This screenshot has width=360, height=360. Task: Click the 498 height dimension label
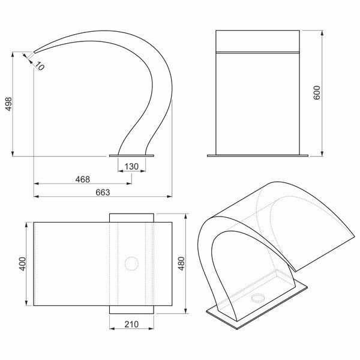[x=9, y=104]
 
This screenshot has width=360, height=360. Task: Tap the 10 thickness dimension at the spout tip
[x=40, y=66]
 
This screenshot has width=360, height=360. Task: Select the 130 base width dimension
[x=131, y=166]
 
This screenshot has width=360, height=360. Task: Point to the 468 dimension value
[x=83, y=179]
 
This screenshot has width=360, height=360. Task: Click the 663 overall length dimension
[x=103, y=193]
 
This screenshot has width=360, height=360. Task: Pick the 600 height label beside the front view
[x=317, y=92]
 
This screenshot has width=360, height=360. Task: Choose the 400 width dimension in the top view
[x=23, y=264]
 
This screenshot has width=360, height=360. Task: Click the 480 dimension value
[x=181, y=263]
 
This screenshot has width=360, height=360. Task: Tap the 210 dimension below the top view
[x=131, y=324]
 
